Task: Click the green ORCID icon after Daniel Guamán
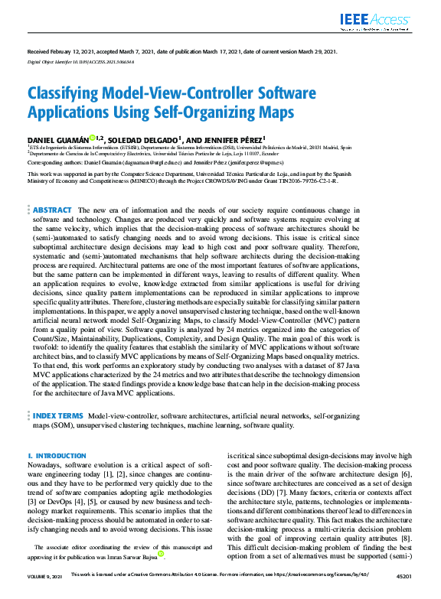pyautogui.click(x=92, y=138)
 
